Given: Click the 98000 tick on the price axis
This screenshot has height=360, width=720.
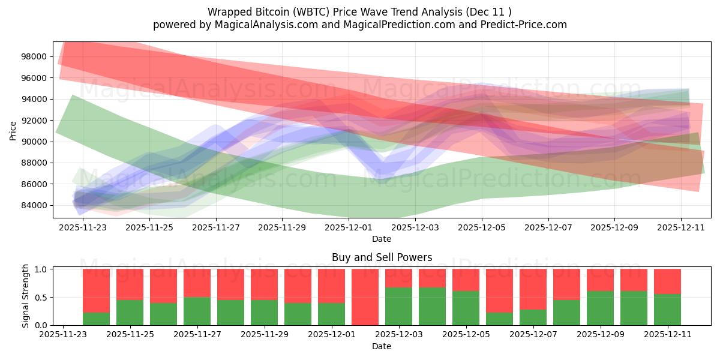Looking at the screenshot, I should click(x=34, y=56).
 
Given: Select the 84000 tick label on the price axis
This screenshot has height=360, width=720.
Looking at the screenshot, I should click(x=34, y=205).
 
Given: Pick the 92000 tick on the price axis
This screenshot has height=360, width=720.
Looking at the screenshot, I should click(x=34, y=120).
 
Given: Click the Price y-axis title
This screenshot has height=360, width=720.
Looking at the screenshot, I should click(x=13, y=130).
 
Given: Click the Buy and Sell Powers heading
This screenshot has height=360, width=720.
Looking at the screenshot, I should click(x=382, y=257).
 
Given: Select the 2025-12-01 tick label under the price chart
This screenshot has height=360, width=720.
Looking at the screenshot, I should click(x=349, y=227).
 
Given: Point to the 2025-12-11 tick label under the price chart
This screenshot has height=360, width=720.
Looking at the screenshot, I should click(x=680, y=227).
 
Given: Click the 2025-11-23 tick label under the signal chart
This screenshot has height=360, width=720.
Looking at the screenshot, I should click(x=63, y=335).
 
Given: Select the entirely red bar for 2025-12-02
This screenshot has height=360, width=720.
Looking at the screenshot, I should click(x=365, y=297).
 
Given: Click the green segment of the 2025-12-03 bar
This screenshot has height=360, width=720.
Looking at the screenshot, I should click(x=398, y=307).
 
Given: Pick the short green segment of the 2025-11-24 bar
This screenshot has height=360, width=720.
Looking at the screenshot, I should click(x=96, y=319).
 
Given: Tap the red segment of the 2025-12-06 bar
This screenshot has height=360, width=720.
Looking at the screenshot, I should click(x=499, y=290).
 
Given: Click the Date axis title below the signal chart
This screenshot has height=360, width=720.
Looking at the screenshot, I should click(x=382, y=346).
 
